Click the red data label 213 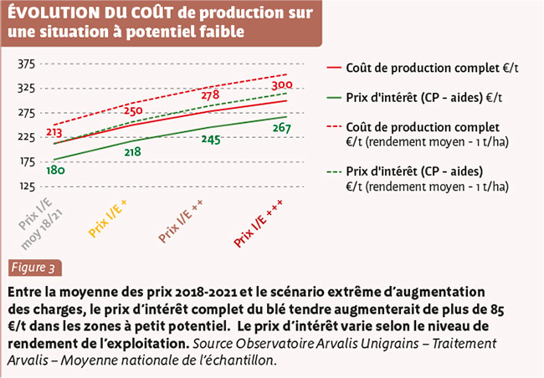tap(55, 131)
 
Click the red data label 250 tap(133, 111)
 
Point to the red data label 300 tap(281, 85)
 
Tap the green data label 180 tap(55, 171)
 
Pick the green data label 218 tap(132, 152)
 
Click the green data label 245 tap(211, 140)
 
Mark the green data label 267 tap(281, 128)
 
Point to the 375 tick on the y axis tap(26, 64)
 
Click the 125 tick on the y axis tap(26, 186)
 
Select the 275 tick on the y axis tap(26, 112)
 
